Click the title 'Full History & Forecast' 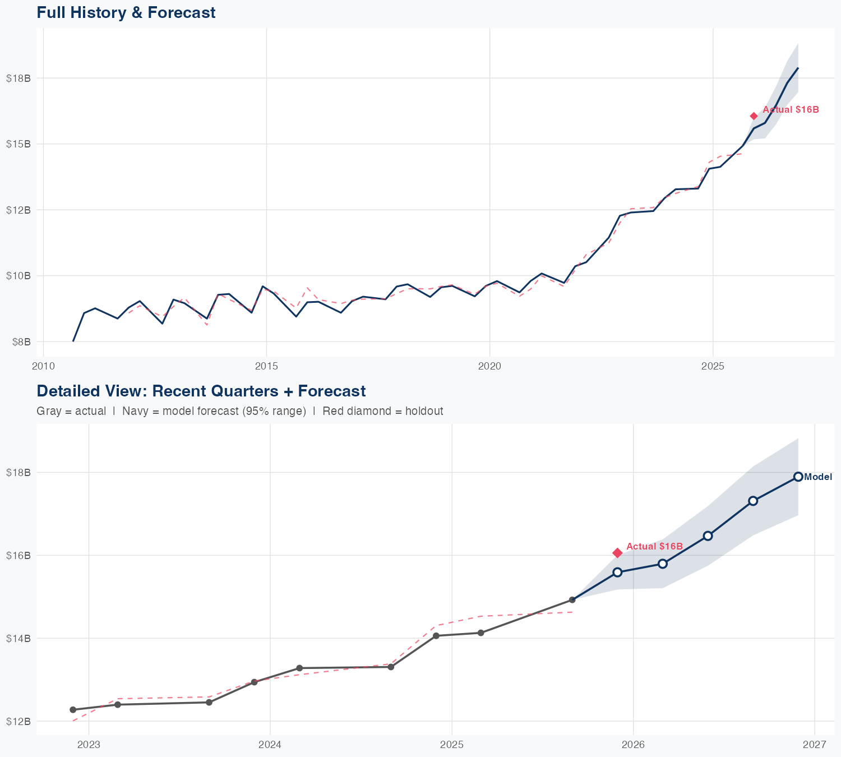click(x=126, y=12)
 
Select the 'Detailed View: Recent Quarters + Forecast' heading click(x=201, y=391)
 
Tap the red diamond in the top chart click(x=754, y=116)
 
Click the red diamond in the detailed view click(x=617, y=553)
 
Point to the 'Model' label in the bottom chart click(x=818, y=477)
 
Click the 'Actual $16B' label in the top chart click(x=791, y=110)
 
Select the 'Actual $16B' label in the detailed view click(x=654, y=546)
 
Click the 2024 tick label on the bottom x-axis click(x=270, y=745)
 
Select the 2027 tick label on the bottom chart click(x=815, y=745)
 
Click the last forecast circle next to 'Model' click(x=798, y=477)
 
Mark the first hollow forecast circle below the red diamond click(x=617, y=572)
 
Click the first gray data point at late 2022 click(x=72, y=710)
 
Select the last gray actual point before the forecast click(x=572, y=600)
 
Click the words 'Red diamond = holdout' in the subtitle click(x=383, y=411)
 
